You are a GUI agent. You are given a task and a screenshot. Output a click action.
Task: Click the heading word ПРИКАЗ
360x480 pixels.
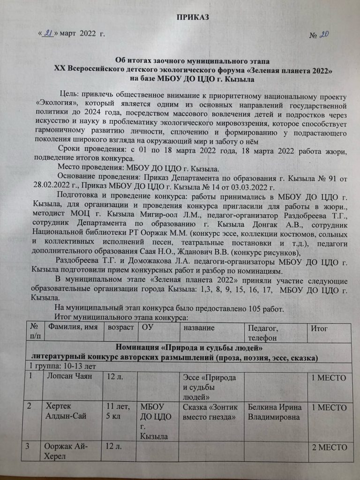coord(192,18)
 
